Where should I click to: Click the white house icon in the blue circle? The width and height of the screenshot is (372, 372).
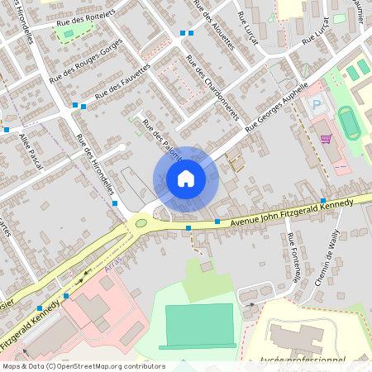tap(185, 179)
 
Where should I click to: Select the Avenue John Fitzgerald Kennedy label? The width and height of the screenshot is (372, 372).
tap(291, 210)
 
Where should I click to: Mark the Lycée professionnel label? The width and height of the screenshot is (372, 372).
tap(303, 360)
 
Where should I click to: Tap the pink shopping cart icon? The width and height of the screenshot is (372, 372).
tap(326, 139)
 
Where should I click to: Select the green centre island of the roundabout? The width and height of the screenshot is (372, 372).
tap(141, 222)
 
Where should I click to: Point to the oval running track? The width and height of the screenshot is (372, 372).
tap(348, 122)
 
